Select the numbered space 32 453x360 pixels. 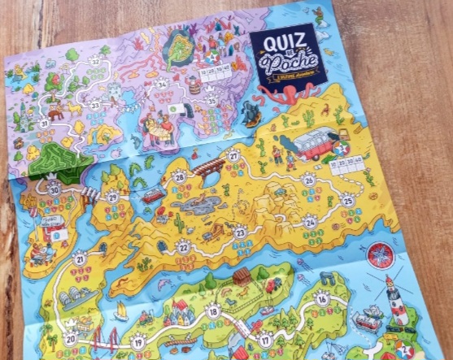(96, 61)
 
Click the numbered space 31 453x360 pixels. (44, 124)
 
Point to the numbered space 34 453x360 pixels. (163, 84)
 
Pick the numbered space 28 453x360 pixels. (179, 176)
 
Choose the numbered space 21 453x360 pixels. (80, 260)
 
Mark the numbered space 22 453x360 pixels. (185, 246)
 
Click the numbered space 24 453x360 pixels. (310, 222)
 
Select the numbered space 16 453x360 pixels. (323, 299)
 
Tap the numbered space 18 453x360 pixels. (213, 310)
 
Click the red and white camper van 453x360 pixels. (315, 142)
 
